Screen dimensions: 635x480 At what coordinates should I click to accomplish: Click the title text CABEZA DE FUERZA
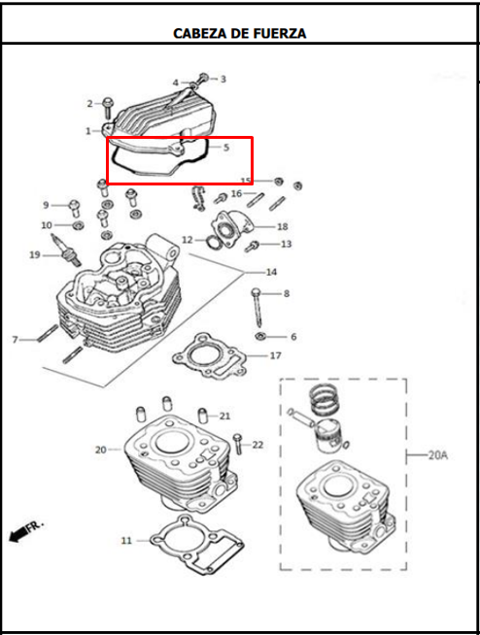coord(239,33)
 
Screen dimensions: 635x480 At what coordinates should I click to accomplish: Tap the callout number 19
coord(34,255)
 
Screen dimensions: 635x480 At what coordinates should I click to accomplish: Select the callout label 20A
coord(437,454)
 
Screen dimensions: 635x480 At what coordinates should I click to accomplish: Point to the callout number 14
coord(271,271)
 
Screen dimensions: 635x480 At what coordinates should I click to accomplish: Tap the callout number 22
coord(257,445)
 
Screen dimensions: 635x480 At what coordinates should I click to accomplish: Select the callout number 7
coord(15,340)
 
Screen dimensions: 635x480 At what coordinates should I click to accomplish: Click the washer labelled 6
coord(261,337)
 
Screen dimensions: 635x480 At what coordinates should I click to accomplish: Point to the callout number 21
coord(224,416)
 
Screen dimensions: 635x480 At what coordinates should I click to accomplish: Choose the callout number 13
coord(286,244)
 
